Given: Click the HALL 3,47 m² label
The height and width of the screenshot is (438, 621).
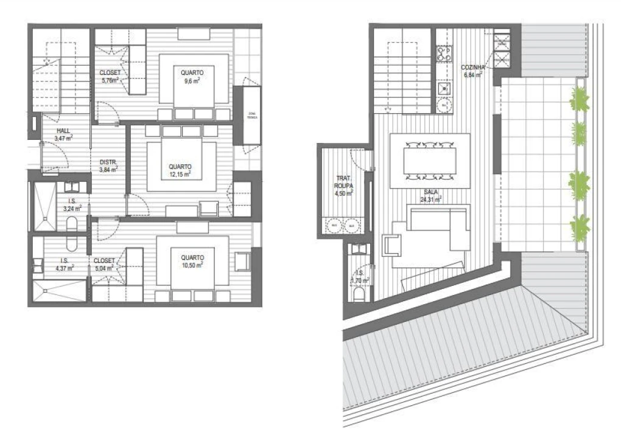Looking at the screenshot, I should (63, 134).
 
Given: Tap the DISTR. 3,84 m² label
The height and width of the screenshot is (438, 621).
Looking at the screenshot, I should (108, 165).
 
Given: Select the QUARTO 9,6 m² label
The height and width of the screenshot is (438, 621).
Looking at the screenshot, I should (192, 75).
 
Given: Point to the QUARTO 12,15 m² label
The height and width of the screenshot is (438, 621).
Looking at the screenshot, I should (180, 170).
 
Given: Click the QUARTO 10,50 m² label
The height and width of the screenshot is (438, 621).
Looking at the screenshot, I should (188, 261).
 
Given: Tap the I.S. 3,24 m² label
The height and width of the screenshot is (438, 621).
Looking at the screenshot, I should (72, 204).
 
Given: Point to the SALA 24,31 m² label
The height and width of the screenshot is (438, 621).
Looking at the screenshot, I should (429, 194).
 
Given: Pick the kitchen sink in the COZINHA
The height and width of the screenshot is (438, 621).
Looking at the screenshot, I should (444, 89).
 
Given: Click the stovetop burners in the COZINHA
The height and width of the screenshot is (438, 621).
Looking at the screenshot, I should (443, 53).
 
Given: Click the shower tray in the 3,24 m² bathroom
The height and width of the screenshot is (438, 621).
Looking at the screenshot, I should (44, 207).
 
